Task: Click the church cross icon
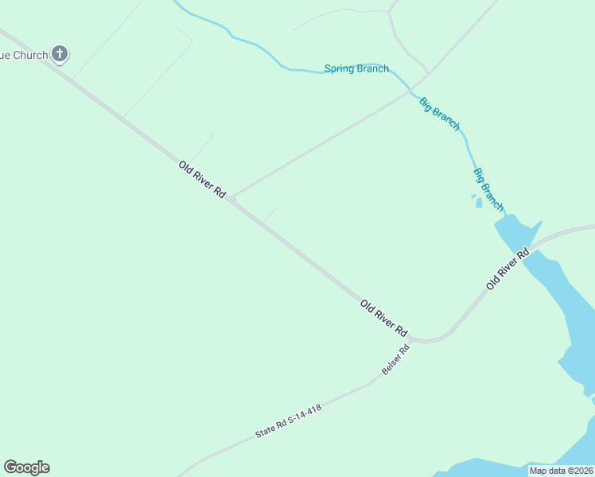point(60,54)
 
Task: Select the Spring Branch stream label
point(356,68)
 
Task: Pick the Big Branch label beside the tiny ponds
point(488,189)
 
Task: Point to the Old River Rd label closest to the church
point(202,180)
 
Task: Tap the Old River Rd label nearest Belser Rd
point(383,318)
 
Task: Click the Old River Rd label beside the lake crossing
point(507,270)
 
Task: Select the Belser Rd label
point(395,360)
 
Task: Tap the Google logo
point(26,467)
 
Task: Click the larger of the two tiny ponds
point(479,203)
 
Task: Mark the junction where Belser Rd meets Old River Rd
point(415,339)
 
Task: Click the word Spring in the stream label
point(340,68)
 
